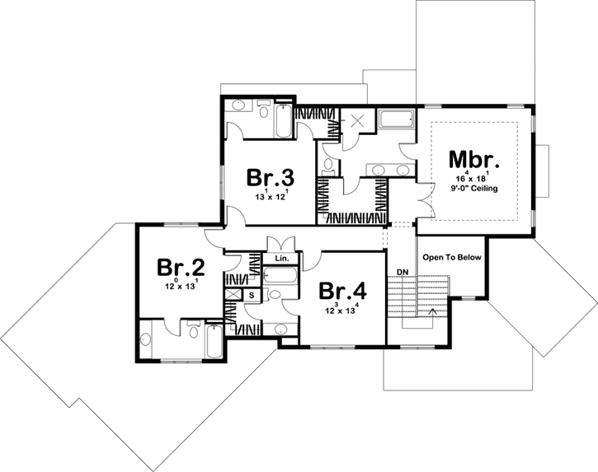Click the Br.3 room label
click(271, 179)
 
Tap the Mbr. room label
click(474, 158)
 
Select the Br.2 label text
click(181, 268)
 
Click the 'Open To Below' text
click(451, 258)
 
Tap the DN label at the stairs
click(403, 272)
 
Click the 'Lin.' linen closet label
click(281, 259)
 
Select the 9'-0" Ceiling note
click(475, 188)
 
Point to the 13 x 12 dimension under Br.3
click(271, 198)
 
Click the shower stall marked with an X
click(360, 120)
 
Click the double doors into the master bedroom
click(424, 200)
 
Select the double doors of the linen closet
click(281, 245)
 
